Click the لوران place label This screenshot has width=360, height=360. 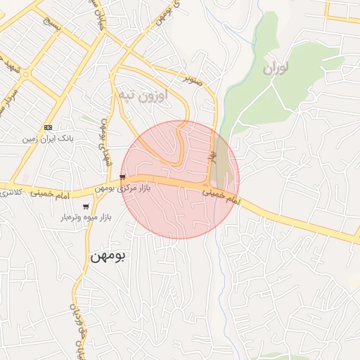[x=277, y=69]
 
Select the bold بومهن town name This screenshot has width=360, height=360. [x=108, y=257]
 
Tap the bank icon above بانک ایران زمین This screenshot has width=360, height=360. [x=48, y=127]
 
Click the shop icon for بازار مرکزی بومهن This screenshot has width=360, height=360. [x=123, y=177]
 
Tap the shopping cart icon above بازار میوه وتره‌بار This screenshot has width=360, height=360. [x=86, y=207]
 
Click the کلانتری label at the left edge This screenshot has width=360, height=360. [x=10, y=192]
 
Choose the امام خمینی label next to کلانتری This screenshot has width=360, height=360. [x=49, y=191]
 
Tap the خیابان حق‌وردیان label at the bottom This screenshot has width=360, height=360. [x=78, y=330]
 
